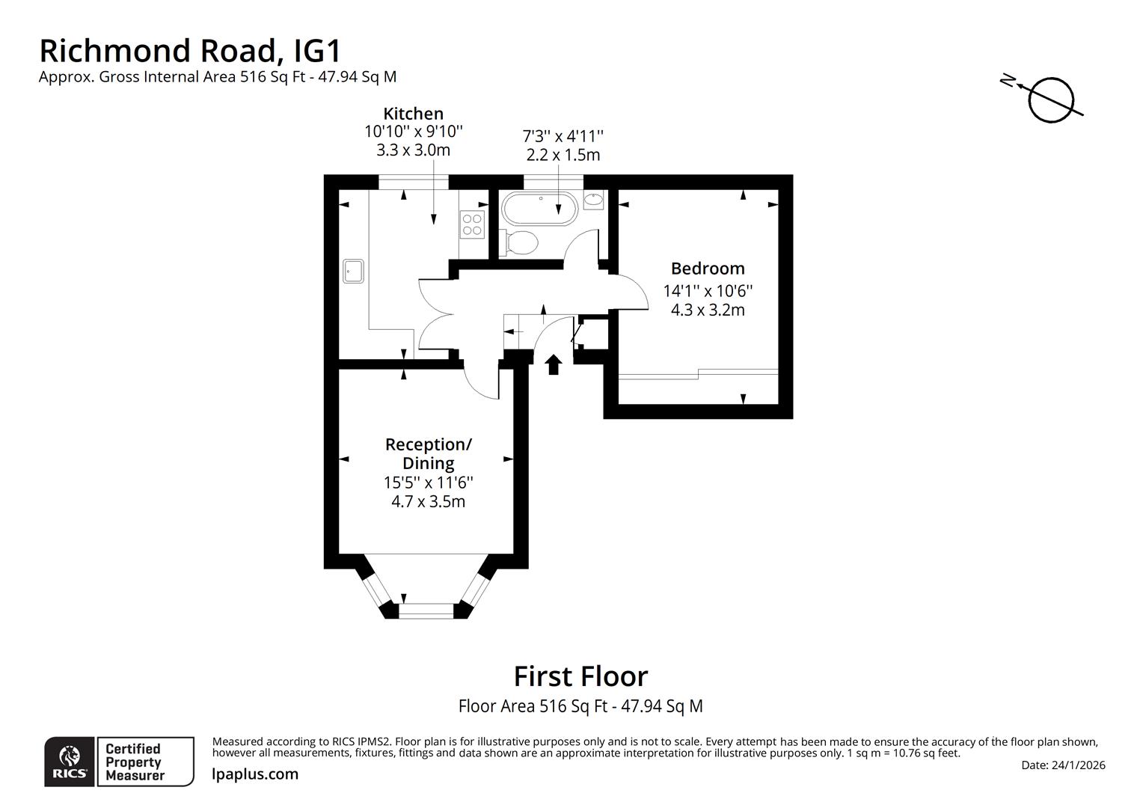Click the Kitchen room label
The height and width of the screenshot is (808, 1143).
click(x=413, y=114)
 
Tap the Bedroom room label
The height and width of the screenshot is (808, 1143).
click(x=707, y=269)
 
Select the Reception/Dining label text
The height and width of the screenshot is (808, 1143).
click(x=428, y=453)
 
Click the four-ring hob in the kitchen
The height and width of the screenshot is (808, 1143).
click(x=472, y=224)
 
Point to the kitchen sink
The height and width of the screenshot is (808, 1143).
click(x=353, y=271)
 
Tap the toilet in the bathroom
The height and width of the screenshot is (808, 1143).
click(x=518, y=242)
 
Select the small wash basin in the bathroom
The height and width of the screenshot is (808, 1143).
click(x=593, y=200)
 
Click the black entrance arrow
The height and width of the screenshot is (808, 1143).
click(x=554, y=364)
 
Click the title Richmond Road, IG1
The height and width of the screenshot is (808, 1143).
click(x=190, y=51)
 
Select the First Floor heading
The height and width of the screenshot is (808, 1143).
click(x=580, y=676)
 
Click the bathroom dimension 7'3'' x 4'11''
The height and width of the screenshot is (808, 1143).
click(x=563, y=136)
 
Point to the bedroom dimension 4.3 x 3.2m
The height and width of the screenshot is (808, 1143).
click(x=707, y=310)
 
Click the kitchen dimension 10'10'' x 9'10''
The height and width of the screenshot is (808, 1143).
click(x=413, y=132)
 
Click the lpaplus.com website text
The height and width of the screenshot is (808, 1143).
click(x=255, y=774)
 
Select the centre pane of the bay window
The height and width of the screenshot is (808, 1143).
click(x=426, y=610)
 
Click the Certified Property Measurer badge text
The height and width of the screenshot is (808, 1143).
click(x=133, y=762)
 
